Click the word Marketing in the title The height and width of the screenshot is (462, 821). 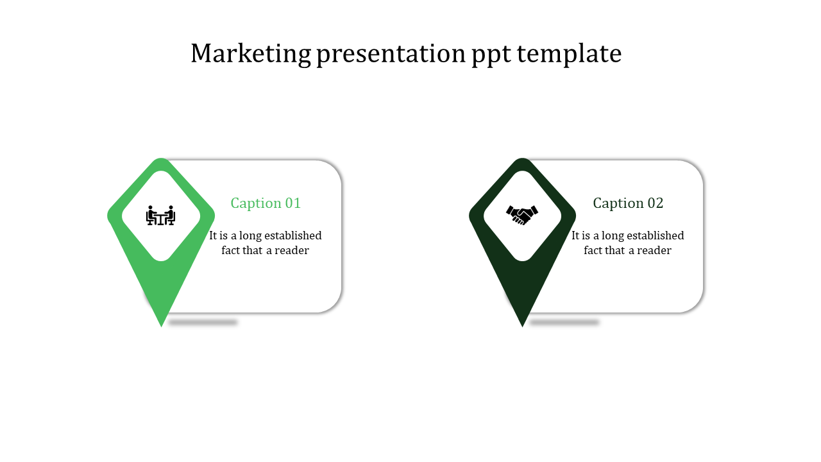point(251,53)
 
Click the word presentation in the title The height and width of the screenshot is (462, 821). point(391,55)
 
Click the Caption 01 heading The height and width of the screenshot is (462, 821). point(266,203)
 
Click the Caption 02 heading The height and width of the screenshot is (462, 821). point(628,203)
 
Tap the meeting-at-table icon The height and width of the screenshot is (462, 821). point(160,215)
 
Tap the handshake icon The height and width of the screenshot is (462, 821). point(522,215)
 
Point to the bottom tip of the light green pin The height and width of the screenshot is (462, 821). point(161,327)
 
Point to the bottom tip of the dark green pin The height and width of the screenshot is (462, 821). point(522,327)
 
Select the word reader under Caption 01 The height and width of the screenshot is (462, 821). point(292,251)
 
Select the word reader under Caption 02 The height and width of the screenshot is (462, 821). point(654,251)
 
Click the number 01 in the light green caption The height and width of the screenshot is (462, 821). point(293,203)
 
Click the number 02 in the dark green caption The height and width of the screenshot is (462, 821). point(656,203)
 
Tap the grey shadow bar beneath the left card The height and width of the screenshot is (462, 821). point(203,322)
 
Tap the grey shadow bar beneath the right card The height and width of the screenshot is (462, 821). point(564,322)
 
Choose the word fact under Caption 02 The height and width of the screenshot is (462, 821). point(592,250)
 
